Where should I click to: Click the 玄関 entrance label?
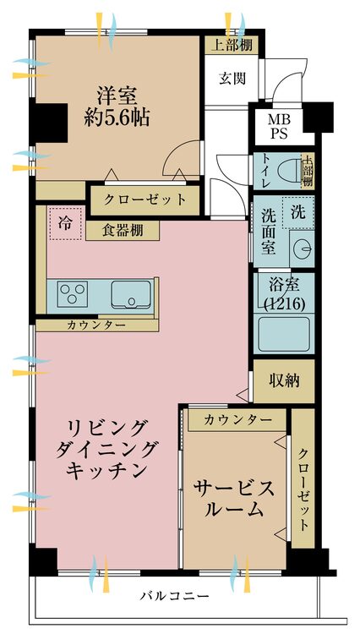coord(232,78)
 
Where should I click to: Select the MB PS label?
coord(279,126)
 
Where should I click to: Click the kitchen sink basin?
coord(131,295)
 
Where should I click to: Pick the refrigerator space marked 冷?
coord(64,223)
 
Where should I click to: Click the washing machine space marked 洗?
coord(298,212)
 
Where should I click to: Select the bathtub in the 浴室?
coord(284,334)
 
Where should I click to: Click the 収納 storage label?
coord(284,380)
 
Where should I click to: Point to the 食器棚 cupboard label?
coord(122,231)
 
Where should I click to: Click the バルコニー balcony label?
coord(175,596)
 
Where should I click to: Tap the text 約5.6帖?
coord(117,118)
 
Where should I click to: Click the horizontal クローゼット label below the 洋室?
coord(145,199)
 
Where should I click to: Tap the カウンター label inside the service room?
coord(238,420)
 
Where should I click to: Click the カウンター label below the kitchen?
coord(96,325)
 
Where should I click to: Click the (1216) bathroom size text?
coord(284,303)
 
